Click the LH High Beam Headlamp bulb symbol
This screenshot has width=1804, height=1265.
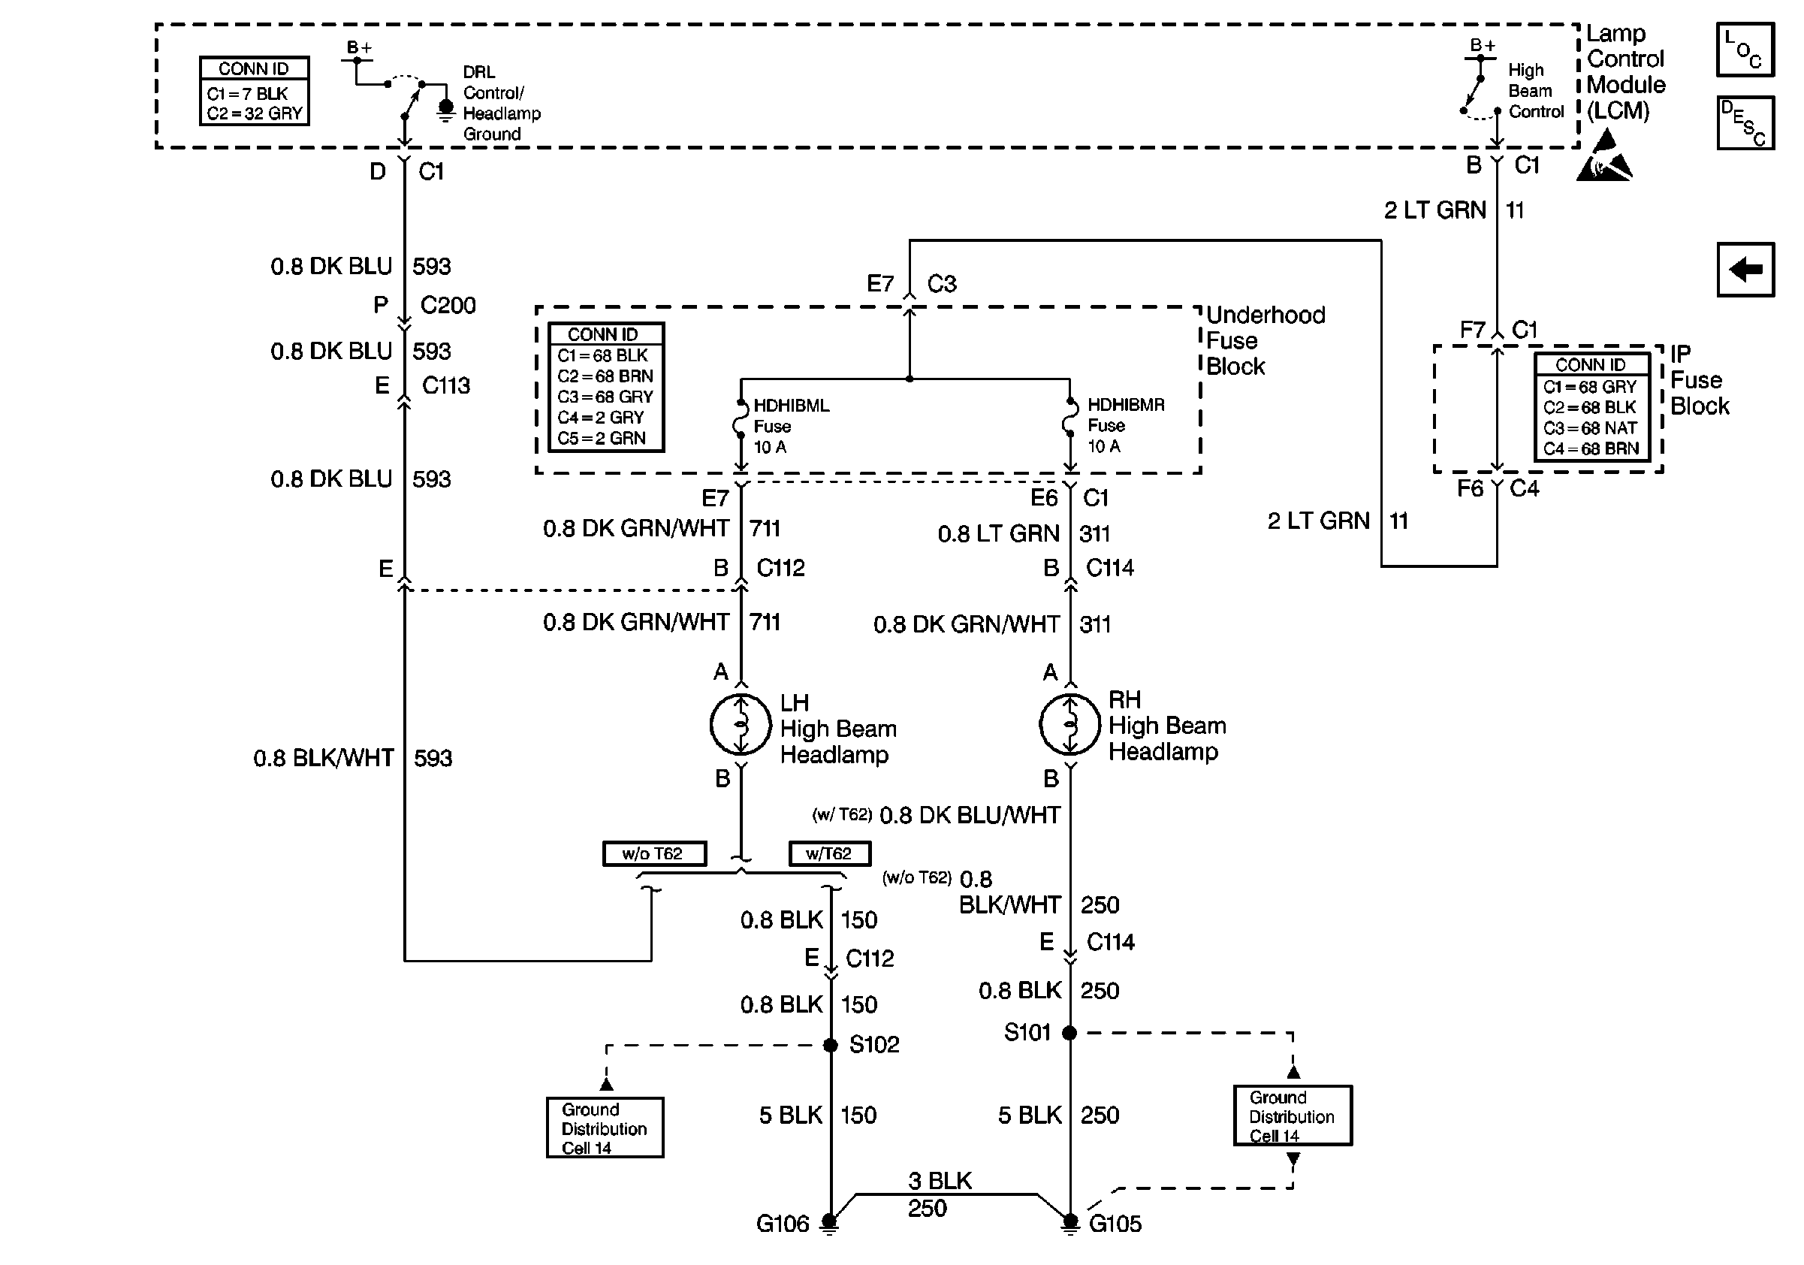pos(740,723)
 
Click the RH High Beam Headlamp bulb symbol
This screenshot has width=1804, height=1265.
pos(1069,723)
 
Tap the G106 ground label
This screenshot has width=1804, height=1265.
pos(782,1224)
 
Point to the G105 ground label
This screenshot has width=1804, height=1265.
pos(1115,1224)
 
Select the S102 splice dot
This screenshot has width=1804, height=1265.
pos(831,1045)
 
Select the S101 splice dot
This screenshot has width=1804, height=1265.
pos(1069,1032)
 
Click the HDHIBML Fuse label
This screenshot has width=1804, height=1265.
pos(790,426)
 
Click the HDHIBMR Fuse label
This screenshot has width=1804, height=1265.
pos(1125,425)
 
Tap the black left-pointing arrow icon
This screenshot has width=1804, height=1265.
pos(1745,270)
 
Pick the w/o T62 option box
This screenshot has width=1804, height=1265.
pos(653,853)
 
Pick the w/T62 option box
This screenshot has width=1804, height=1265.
pos(829,853)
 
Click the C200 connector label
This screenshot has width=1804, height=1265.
pos(448,305)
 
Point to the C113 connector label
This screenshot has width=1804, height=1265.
pos(445,386)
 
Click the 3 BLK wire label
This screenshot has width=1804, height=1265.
pos(940,1181)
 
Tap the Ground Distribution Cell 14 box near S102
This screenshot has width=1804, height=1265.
pos(605,1128)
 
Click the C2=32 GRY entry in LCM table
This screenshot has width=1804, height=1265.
pos(254,113)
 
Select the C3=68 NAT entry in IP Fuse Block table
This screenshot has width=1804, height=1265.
pos(1589,428)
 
